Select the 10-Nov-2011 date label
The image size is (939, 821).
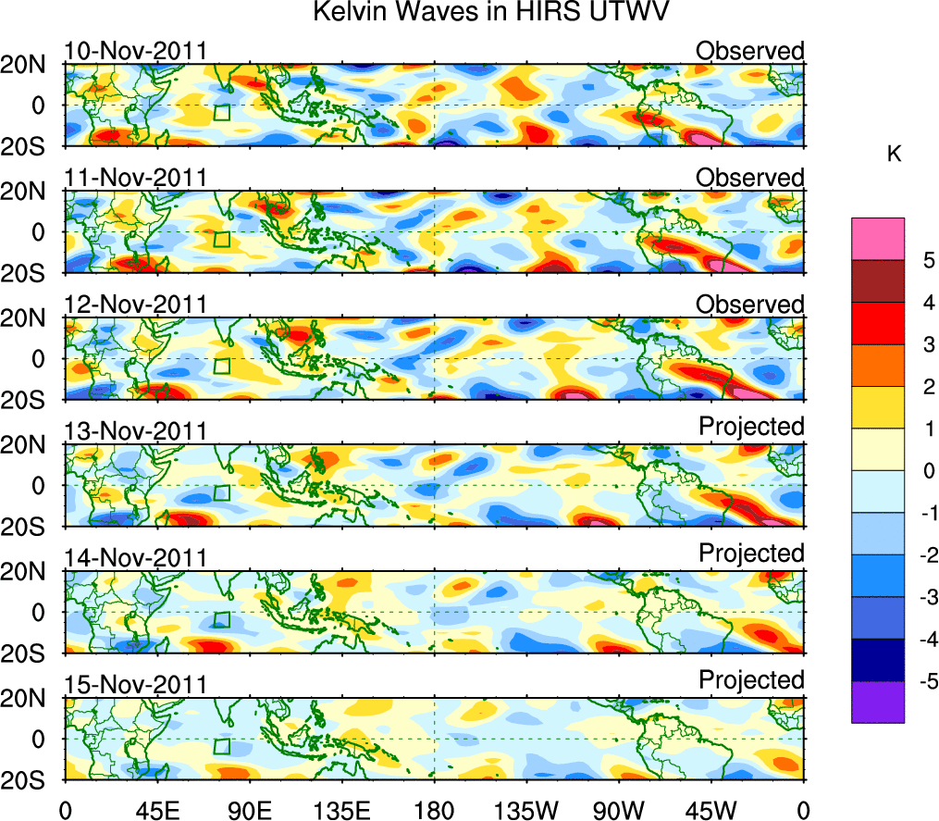tap(135, 51)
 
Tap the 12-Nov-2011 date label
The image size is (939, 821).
tap(135, 305)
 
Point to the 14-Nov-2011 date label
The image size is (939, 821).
tap(135, 558)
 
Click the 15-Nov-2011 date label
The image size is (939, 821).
tap(135, 685)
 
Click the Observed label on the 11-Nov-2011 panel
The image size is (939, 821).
tap(750, 178)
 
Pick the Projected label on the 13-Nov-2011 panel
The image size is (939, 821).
tap(751, 426)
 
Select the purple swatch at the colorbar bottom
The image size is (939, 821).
tap(878, 702)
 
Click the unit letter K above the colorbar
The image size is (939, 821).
tap(894, 154)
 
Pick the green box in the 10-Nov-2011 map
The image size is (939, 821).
tap(221, 113)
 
